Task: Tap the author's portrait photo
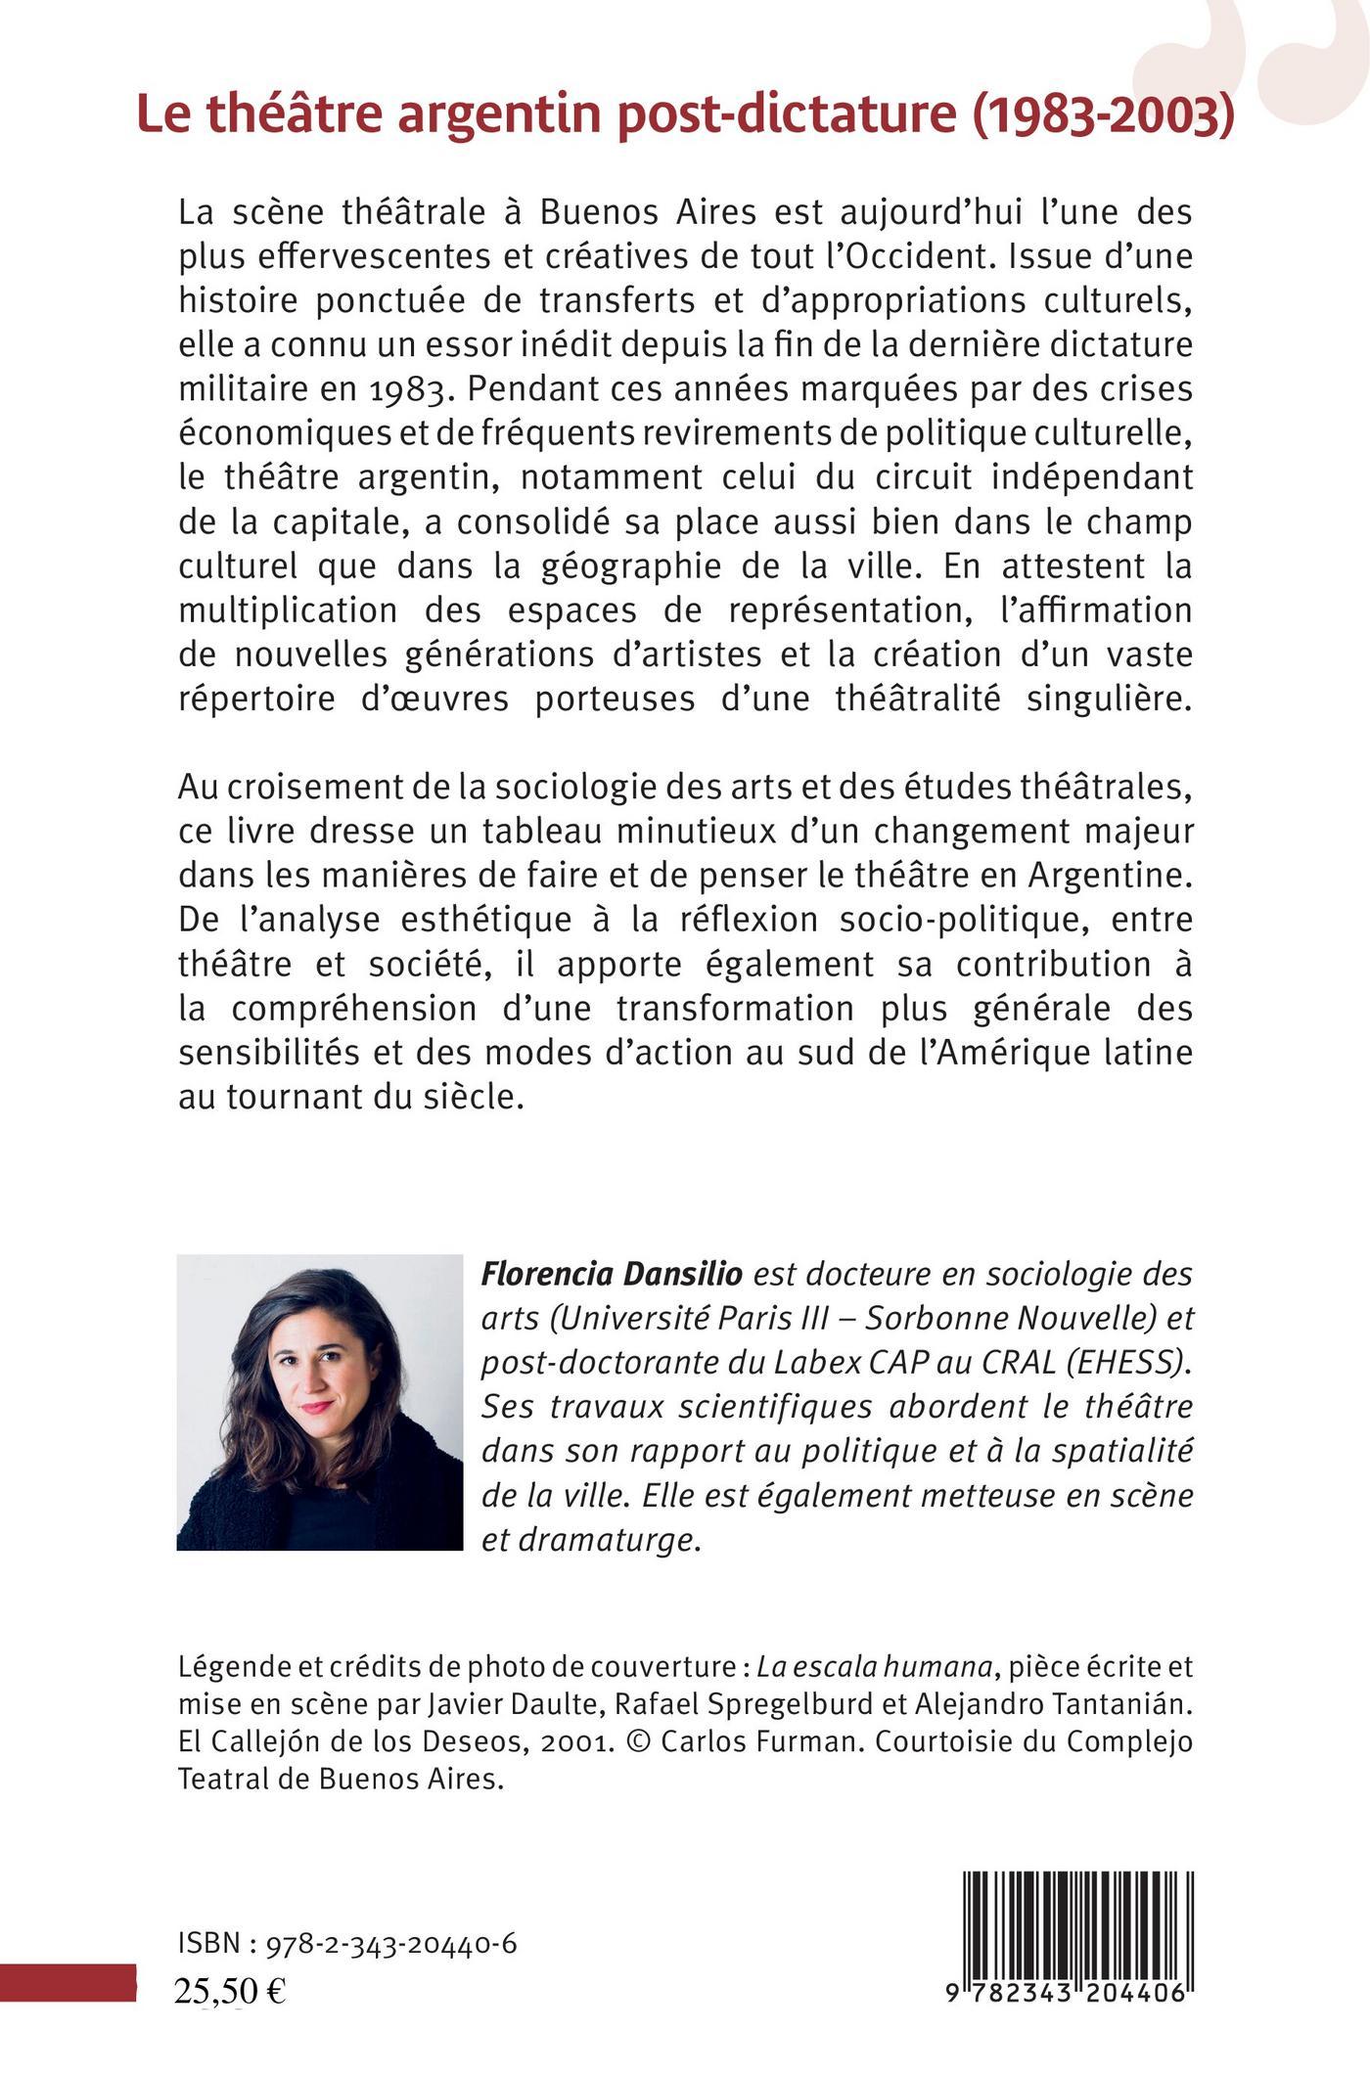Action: (319, 1402)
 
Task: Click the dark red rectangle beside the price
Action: (68, 1981)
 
